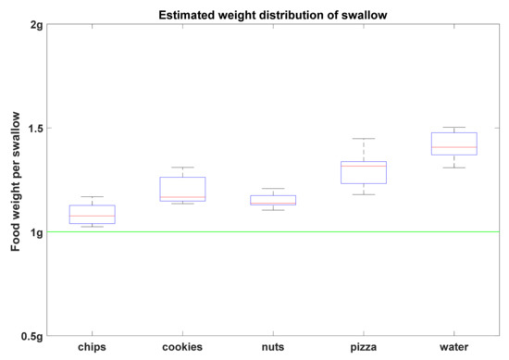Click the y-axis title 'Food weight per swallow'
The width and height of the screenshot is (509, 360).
(16, 180)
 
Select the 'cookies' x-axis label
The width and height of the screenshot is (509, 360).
(182, 349)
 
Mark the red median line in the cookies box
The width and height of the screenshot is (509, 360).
(182, 197)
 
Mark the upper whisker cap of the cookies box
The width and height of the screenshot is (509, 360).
(182, 168)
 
